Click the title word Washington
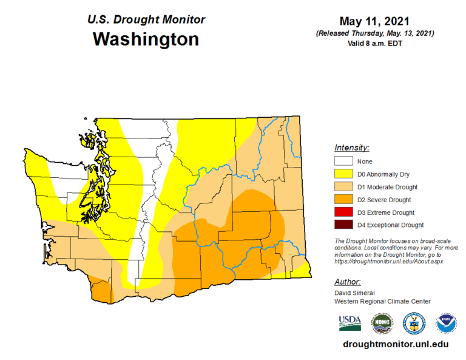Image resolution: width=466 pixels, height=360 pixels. pos(146,39)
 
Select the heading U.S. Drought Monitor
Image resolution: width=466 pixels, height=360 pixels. pos(146,19)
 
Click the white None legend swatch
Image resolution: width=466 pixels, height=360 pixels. pos(343,161)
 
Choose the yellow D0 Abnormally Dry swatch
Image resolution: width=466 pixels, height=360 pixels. pos(343,174)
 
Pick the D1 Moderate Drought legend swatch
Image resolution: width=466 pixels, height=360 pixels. pos(343,187)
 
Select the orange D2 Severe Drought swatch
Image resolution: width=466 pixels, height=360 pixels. pos(343,200)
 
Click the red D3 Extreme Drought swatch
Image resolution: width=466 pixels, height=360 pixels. pos(343,212)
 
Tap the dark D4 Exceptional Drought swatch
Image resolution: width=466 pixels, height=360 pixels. pos(343,225)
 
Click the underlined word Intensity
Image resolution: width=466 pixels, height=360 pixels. pos(352,148)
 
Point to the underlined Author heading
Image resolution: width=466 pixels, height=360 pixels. pos(348,282)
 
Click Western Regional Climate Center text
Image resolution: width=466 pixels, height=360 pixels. pos(382,301)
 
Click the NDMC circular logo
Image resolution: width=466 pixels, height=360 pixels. pos(382,322)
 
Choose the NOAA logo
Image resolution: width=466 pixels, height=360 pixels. pos(446,322)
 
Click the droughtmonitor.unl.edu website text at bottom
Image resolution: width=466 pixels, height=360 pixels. pos(396,344)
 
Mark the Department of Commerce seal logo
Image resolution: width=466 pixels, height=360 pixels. pos(414,322)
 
